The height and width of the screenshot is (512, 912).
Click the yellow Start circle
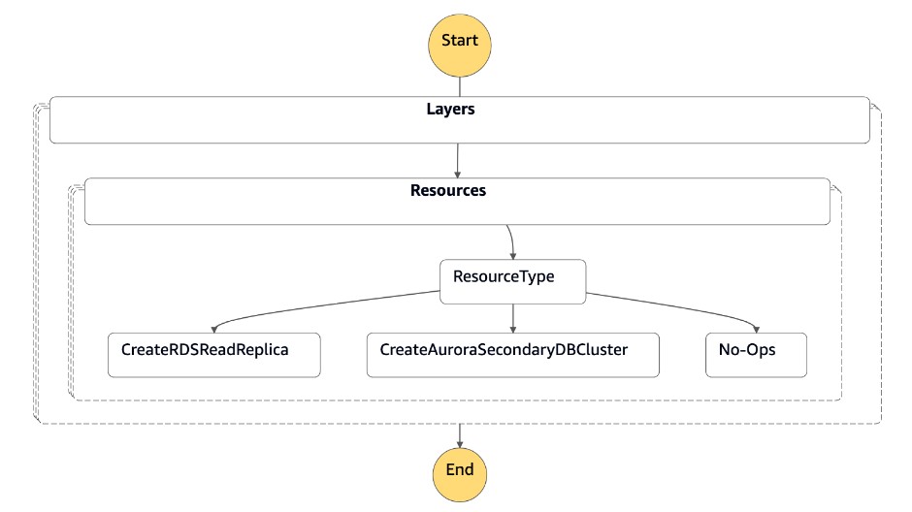(459, 41)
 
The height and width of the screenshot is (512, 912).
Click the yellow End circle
(459, 471)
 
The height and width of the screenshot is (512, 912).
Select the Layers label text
(450, 110)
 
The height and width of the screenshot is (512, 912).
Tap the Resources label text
(448, 190)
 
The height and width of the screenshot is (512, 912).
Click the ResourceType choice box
(512, 281)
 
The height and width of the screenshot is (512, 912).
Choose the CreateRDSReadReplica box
(213, 355)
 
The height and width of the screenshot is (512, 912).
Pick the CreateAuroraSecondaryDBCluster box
(512, 355)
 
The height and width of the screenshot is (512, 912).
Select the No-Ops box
(755, 355)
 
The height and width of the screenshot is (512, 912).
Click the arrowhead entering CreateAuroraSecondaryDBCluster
(512, 328)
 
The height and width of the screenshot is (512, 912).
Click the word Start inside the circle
(459, 41)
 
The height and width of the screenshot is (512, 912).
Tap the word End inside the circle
(459, 470)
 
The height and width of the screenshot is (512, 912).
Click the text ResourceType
(504, 276)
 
